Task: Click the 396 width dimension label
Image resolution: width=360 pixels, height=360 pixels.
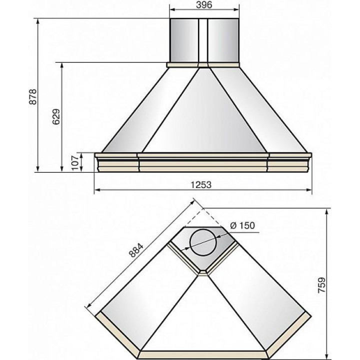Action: (204, 5)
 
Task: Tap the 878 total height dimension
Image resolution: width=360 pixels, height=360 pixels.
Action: (33, 96)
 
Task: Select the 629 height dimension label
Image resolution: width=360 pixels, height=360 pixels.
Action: (56, 116)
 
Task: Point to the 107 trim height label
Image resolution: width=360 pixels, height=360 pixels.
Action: (75, 163)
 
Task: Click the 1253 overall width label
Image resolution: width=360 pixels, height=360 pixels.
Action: (201, 185)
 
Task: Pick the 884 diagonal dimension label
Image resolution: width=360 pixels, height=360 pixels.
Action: (136, 250)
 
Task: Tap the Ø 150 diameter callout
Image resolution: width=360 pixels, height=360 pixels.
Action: (242, 225)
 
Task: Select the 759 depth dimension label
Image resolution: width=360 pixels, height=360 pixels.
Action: (322, 285)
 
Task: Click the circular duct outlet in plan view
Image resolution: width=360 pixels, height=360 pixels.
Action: (203, 242)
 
